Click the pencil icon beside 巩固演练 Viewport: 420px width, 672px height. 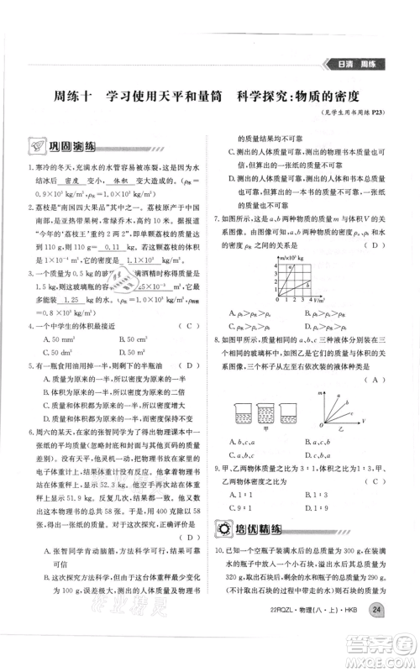pos(35,144)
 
